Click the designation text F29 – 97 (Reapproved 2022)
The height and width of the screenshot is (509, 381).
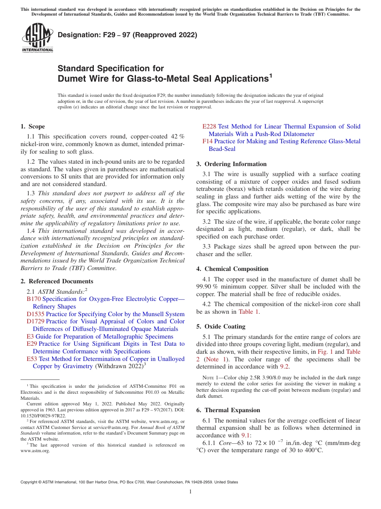[128, 35]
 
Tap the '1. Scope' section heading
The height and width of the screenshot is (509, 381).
[32, 126]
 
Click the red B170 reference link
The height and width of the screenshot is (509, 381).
[34, 299]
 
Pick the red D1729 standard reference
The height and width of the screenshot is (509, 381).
[35, 321]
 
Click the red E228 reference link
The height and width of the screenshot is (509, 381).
[209, 126]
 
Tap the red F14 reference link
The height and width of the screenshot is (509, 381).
[207, 141]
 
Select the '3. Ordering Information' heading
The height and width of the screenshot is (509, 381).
[231, 164]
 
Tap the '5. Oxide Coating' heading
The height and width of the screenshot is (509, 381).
[221, 327]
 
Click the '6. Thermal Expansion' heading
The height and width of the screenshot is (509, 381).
[228, 410]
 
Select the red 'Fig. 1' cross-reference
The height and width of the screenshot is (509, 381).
[325, 352]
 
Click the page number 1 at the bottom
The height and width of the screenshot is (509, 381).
[190, 492]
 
